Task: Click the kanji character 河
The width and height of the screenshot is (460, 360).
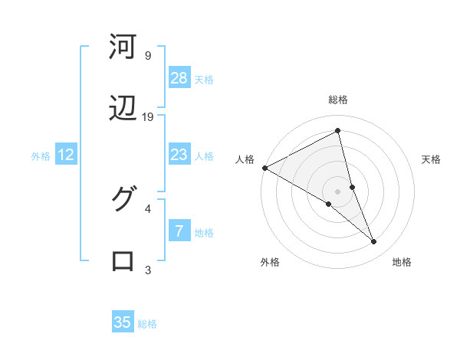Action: [123, 48]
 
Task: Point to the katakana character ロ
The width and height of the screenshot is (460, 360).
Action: [123, 261]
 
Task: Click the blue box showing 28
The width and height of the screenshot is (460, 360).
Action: [179, 78]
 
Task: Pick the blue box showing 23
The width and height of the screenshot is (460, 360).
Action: [179, 155]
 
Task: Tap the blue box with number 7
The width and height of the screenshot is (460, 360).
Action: [179, 231]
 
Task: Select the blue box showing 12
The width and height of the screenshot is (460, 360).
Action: [66, 155]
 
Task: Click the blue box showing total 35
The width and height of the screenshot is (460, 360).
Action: [123, 322]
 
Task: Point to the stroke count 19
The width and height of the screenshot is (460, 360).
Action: [148, 116]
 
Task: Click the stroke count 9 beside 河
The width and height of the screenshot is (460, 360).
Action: [148, 55]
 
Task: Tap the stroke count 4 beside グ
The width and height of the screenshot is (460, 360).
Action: [148, 208]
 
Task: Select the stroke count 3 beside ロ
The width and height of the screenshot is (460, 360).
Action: [148, 270]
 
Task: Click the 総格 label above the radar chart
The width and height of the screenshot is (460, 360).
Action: [338, 100]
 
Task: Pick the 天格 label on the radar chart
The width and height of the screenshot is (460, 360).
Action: [432, 159]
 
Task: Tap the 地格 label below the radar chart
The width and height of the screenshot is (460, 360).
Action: [402, 262]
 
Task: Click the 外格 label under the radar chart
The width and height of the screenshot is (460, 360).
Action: [270, 262]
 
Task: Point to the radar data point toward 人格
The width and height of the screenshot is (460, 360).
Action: [264, 167]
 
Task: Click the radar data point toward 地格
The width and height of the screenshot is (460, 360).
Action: [374, 241]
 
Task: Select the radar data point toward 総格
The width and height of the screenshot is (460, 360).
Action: [338, 131]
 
